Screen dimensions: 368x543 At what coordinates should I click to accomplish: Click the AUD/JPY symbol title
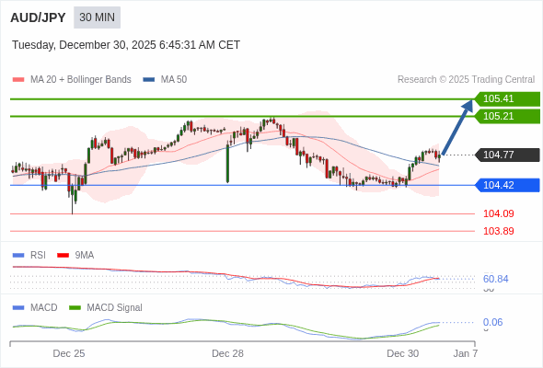(x=38, y=17)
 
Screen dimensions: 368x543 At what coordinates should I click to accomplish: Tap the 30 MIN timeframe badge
(x=97, y=17)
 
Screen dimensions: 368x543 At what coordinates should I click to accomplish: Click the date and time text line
(x=126, y=45)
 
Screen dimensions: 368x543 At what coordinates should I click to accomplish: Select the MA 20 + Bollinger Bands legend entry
(x=73, y=79)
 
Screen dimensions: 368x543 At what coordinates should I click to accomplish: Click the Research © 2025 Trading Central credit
(x=466, y=79)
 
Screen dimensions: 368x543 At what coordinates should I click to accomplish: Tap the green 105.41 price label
(x=506, y=98)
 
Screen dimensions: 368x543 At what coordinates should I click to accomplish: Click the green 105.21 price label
(x=506, y=116)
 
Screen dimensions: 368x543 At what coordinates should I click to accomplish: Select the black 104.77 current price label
(x=506, y=155)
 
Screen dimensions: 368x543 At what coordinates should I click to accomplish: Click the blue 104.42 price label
(x=506, y=185)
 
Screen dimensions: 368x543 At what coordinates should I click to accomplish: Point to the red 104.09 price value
(x=499, y=213)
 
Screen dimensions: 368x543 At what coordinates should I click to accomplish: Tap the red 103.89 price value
(x=499, y=231)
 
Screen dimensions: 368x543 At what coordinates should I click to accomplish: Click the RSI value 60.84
(x=496, y=279)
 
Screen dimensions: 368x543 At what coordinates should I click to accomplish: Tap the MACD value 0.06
(x=492, y=322)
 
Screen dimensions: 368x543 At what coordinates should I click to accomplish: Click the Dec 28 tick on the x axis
(x=227, y=353)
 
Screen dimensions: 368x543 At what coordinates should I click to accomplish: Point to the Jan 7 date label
(x=465, y=353)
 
